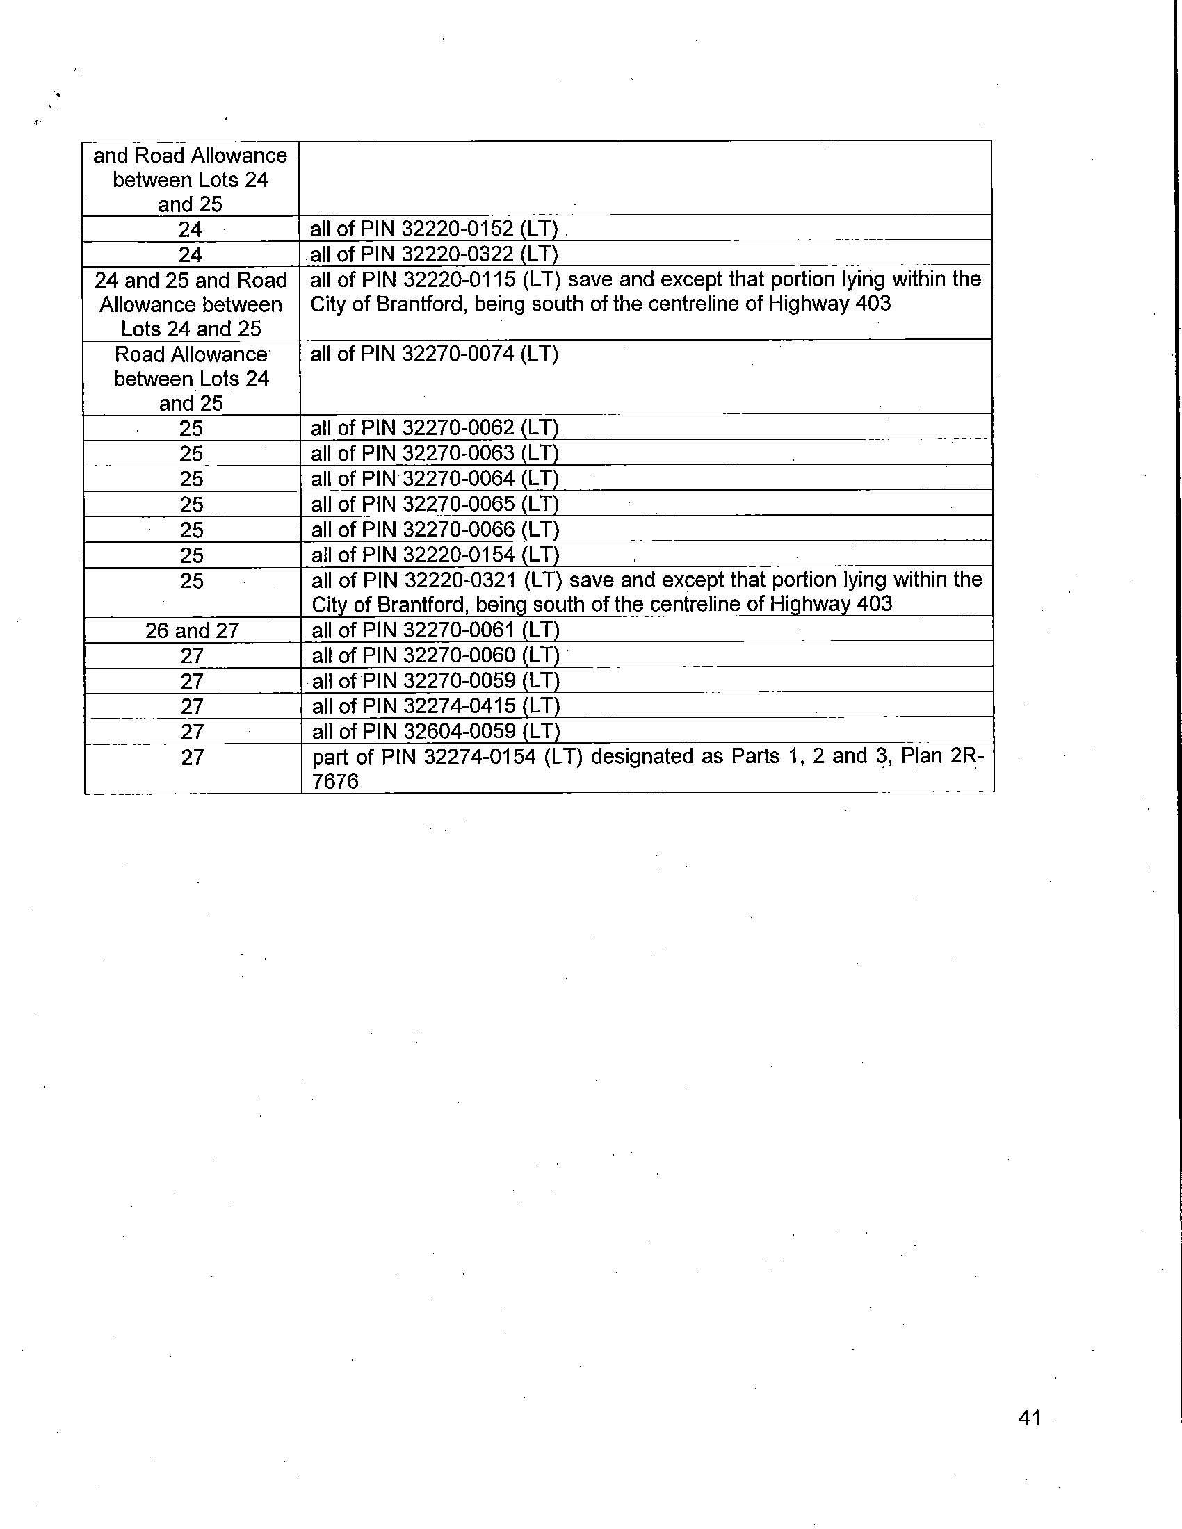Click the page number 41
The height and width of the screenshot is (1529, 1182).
point(1030,1418)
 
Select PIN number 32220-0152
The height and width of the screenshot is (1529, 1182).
point(459,229)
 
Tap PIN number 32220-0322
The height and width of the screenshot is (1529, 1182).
point(459,254)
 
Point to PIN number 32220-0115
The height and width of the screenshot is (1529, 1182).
point(459,279)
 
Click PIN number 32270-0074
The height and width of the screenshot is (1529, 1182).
point(459,354)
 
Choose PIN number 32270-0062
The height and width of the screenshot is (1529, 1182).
point(459,427)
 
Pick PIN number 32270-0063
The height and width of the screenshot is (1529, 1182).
point(459,453)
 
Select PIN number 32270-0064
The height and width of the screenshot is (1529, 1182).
point(459,479)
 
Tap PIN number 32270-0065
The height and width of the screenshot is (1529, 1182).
point(459,504)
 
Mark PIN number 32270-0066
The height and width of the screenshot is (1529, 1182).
point(459,530)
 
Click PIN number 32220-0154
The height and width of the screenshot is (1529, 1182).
point(459,555)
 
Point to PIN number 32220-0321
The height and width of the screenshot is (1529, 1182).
point(459,580)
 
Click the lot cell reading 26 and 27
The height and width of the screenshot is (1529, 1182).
point(192,631)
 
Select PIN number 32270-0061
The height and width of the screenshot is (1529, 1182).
point(460,631)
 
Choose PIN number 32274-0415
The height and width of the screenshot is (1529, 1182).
point(460,706)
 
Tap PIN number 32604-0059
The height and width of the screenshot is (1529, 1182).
point(460,732)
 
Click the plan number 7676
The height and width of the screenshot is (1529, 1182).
point(334,781)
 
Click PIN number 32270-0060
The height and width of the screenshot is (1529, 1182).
point(460,656)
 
